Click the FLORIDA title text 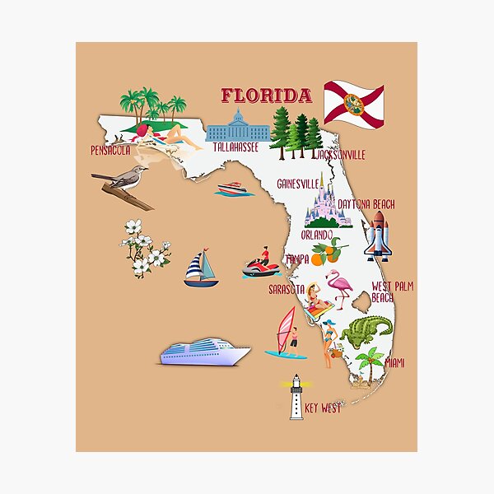tap(266, 95)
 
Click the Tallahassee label tap(235, 147)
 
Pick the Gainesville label tap(298, 182)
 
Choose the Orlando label tap(316, 235)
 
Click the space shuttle tap(378, 235)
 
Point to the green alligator tap(366, 331)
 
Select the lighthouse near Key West tap(296, 397)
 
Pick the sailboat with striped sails tap(201, 269)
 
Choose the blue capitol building tap(239, 125)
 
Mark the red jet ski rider tap(261, 263)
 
